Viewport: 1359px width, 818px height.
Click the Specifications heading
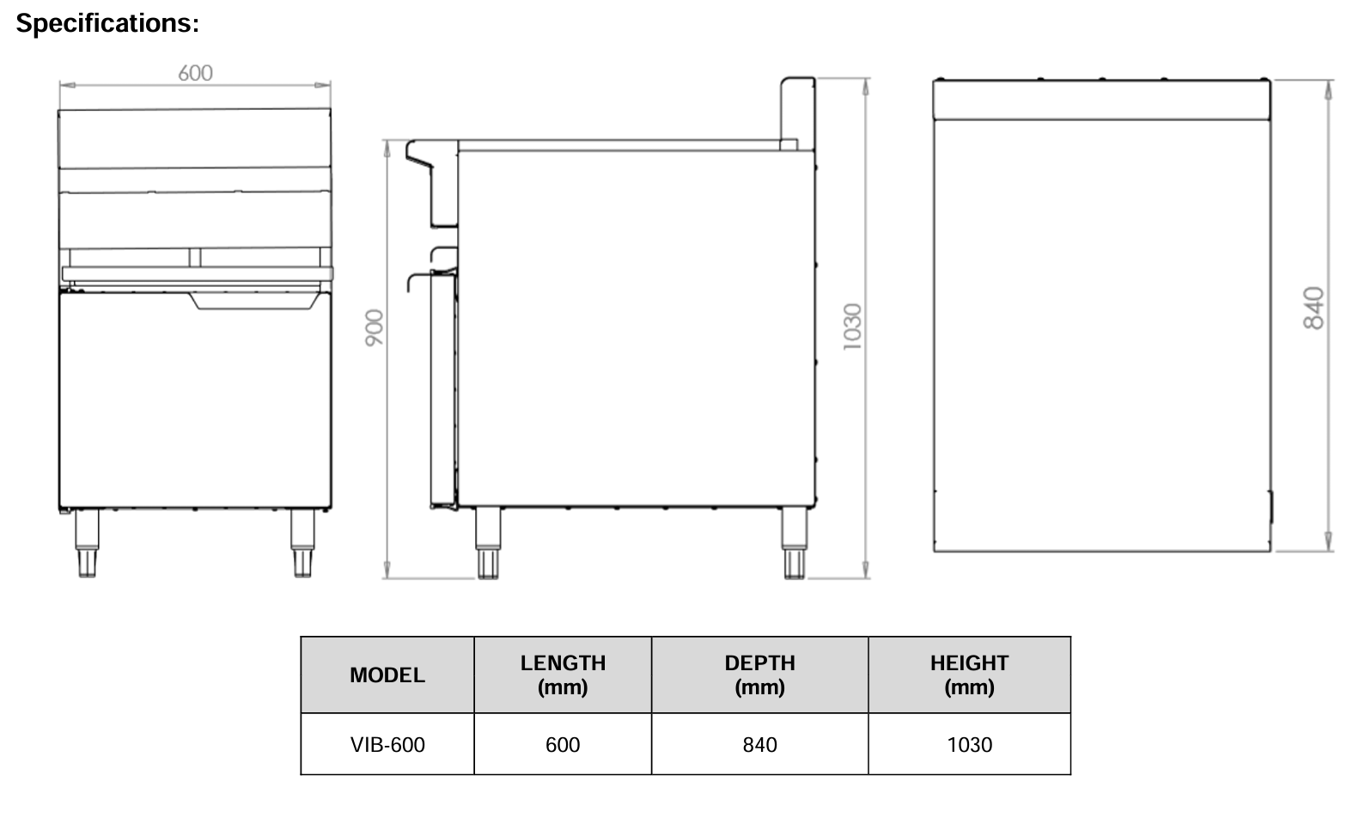click(107, 23)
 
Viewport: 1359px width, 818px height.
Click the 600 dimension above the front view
click(195, 73)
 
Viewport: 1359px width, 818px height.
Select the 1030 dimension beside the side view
click(851, 327)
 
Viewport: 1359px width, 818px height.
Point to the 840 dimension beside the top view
click(1313, 308)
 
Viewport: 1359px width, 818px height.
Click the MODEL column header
click(387, 675)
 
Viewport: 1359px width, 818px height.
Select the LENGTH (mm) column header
click(563, 675)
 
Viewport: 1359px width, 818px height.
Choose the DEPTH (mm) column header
click(759, 675)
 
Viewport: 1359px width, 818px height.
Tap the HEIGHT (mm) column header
click(969, 675)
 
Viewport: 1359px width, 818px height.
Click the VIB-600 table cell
click(387, 745)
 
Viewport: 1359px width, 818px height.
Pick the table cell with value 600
click(563, 745)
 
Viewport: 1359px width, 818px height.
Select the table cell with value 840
click(759, 745)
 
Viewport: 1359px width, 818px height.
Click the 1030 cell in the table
click(969, 745)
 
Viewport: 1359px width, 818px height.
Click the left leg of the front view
click(88, 543)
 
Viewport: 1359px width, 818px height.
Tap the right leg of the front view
click(302, 543)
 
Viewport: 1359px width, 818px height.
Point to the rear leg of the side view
click(794, 543)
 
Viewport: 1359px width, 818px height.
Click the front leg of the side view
click(487, 543)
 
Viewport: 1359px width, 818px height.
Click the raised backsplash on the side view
click(796, 112)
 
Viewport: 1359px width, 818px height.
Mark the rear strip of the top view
click(1100, 99)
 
